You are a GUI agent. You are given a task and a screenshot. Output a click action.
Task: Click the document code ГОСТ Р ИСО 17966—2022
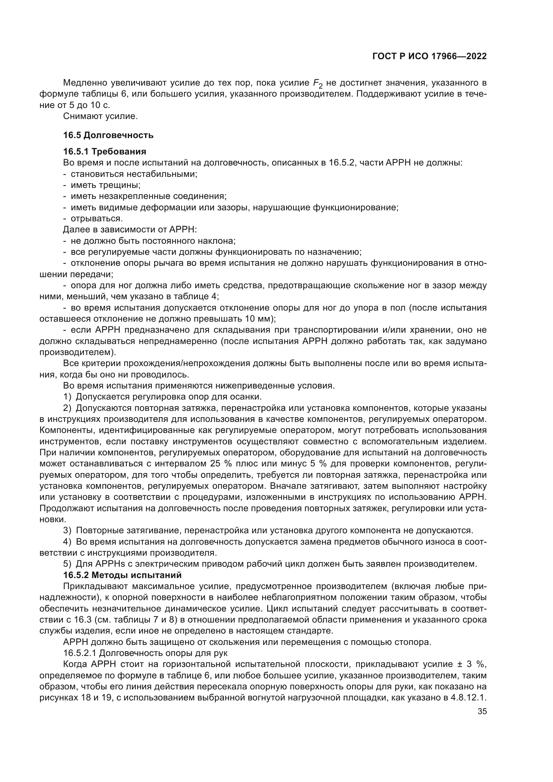tap(429, 56)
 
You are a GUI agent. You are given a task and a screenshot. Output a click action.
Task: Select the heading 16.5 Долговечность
tap(108, 135)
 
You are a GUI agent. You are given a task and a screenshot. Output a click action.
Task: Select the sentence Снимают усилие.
tap(100, 116)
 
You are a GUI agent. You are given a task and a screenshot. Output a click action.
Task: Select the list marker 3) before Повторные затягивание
tap(68, 530)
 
